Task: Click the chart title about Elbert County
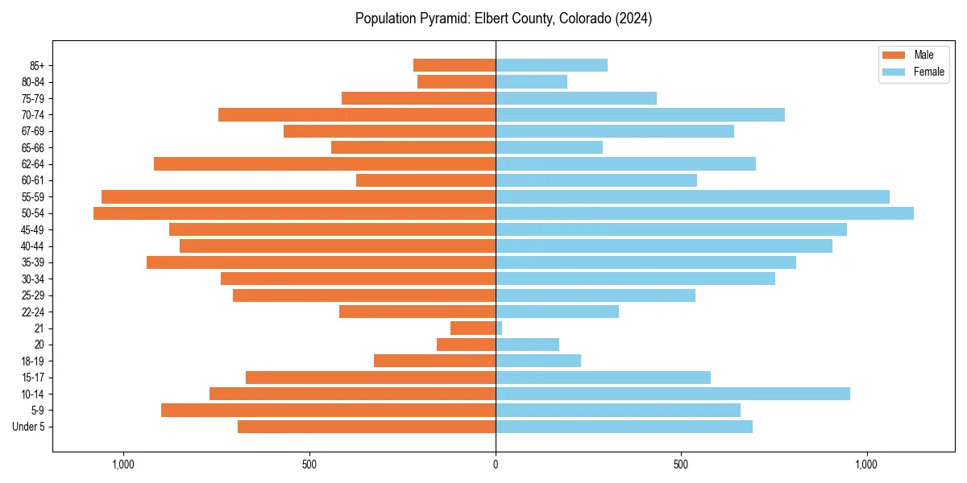(x=503, y=19)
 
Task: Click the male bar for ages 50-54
(x=294, y=213)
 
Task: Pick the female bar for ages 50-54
(x=704, y=213)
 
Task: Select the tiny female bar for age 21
(x=499, y=328)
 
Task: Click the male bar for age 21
(x=473, y=328)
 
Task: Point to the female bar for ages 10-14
(x=673, y=394)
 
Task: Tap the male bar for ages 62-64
(x=325, y=164)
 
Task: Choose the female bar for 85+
(x=551, y=65)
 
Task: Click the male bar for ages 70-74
(x=357, y=115)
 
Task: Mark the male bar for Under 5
(x=367, y=427)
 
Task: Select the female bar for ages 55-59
(x=692, y=197)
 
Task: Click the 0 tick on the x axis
(x=496, y=464)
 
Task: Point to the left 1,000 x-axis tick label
(x=123, y=464)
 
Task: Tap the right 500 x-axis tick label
(x=681, y=464)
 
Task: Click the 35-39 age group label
(x=33, y=262)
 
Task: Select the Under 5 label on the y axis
(x=29, y=427)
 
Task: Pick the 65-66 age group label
(x=33, y=147)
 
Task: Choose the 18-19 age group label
(x=33, y=361)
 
